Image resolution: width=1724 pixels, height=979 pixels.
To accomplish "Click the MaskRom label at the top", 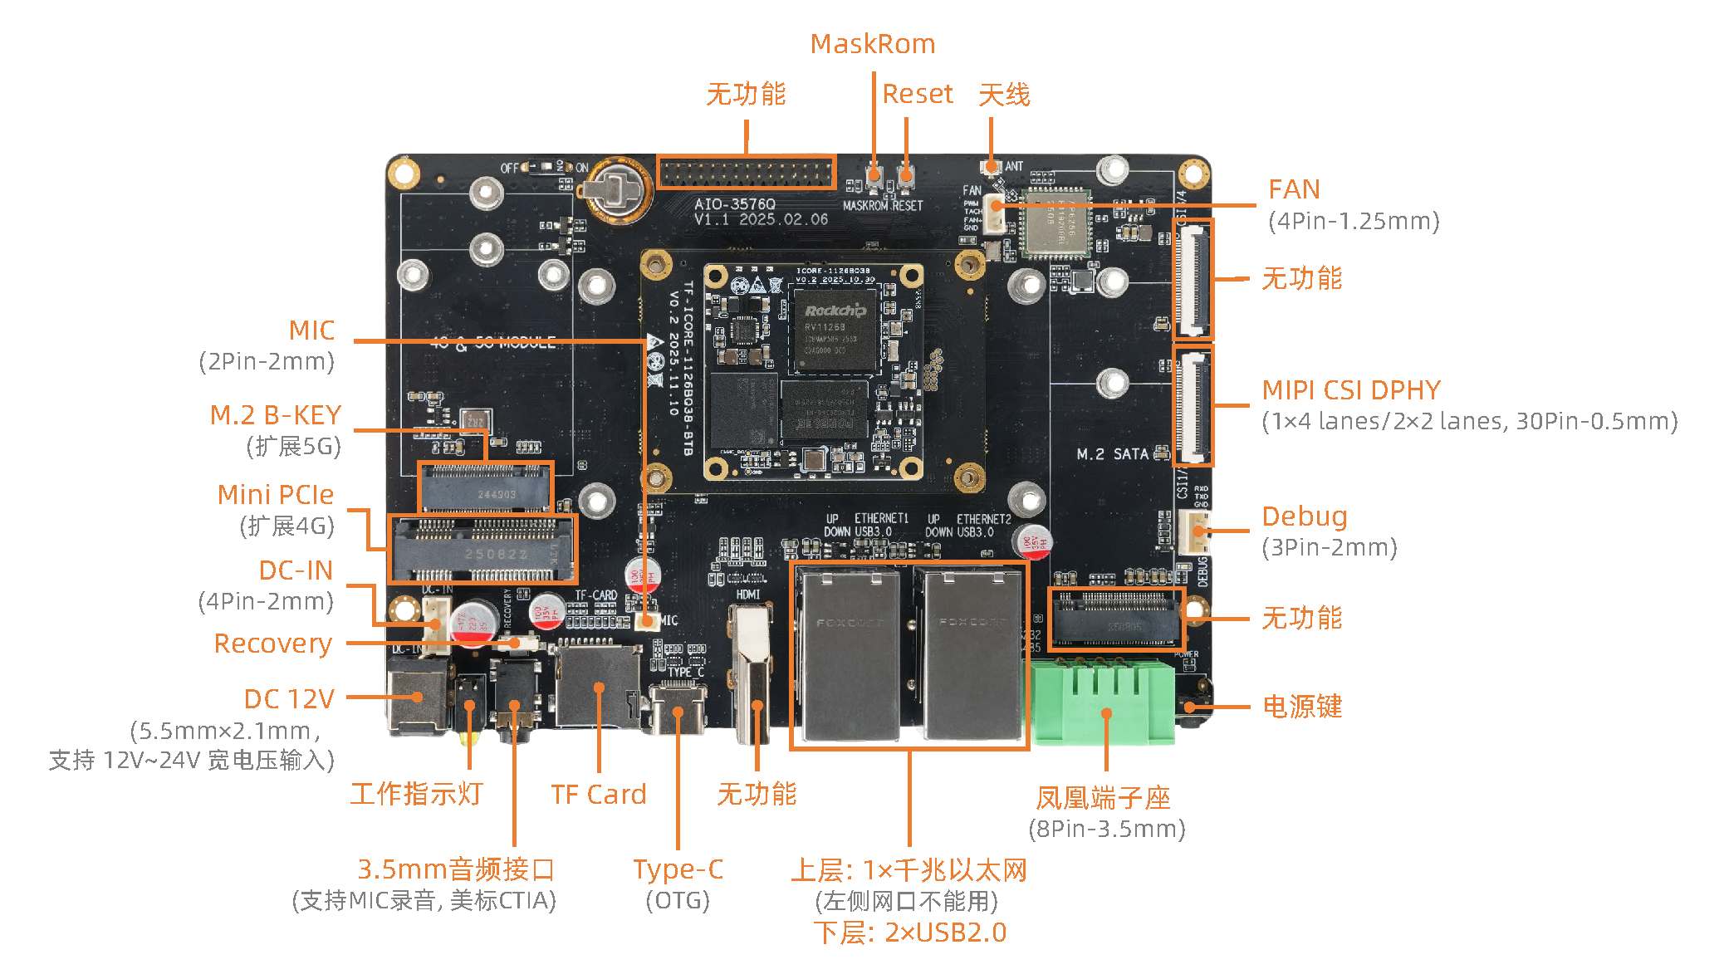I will click(872, 44).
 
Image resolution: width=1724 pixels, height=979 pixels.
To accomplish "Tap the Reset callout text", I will click(917, 94).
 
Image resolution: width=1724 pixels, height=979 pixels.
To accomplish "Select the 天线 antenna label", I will click(1003, 95).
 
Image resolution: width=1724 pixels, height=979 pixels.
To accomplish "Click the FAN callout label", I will click(1293, 189).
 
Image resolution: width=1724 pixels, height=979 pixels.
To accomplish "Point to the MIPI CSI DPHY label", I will click(1350, 390).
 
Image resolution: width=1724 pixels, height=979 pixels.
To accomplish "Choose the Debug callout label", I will click(1304, 516).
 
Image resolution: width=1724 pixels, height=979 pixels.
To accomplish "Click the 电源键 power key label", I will click(1301, 707).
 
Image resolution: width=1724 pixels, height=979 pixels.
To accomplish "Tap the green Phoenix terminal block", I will click(1102, 702).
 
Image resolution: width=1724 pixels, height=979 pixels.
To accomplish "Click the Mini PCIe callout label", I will click(275, 495).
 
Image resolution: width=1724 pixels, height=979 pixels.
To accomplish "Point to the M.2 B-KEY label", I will click(275, 415).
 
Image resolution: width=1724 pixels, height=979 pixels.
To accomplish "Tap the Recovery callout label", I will click(272, 644).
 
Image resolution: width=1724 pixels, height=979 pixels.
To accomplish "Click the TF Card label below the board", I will click(598, 795).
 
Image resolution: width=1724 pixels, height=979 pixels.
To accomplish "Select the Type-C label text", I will click(678, 869).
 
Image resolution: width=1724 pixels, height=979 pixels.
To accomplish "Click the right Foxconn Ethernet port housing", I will click(972, 656).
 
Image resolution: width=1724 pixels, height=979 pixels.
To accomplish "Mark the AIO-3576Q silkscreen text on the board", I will click(734, 204).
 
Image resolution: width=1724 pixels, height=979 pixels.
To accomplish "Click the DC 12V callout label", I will click(288, 699).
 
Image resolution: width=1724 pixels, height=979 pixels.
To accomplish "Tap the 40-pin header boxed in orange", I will click(746, 173).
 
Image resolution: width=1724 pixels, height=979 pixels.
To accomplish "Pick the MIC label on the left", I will click(311, 330).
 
